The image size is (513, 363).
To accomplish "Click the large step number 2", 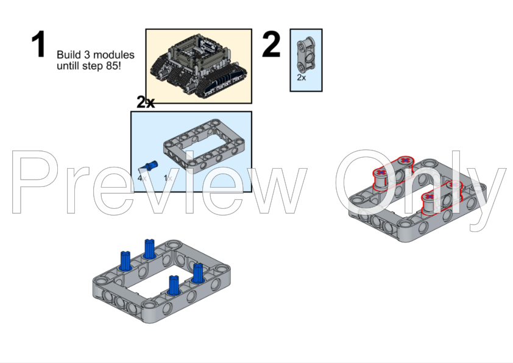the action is point(271,44).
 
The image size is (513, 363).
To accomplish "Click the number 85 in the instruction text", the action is point(112,65).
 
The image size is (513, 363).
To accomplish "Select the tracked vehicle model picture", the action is point(199,66).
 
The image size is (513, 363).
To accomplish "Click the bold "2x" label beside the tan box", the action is point(145,102).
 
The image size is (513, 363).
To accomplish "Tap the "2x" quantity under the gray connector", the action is point(302,77).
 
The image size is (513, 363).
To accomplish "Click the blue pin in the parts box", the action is point(149,166).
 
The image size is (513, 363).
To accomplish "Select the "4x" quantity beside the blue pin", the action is point(142,178).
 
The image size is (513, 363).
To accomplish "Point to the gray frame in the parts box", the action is point(205,146).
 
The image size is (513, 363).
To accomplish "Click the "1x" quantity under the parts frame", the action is point(168,178).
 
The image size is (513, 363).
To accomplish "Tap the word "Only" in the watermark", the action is point(420,189).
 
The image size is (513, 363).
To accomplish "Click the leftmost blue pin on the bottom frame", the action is point(126,261).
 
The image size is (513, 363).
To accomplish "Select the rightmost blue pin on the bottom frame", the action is point(198,273).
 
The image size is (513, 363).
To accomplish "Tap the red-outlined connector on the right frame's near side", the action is point(442,197).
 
